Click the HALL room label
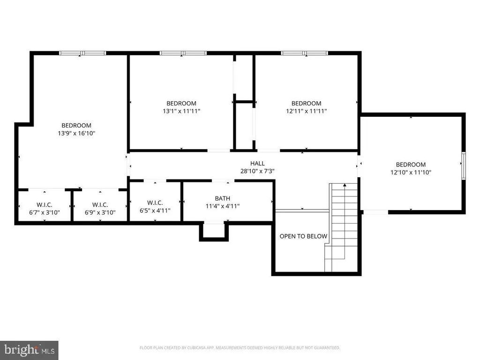(x=257, y=164)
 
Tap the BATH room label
(x=223, y=198)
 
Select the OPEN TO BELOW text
(x=303, y=236)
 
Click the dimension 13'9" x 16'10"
(x=76, y=133)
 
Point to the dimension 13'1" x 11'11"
(x=181, y=111)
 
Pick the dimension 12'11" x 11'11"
(x=307, y=111)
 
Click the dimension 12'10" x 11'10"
(x=411, y=172)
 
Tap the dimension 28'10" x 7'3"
(x=257, y=171)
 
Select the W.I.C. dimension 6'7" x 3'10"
(x=45, y=212)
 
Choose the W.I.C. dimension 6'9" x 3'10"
(x=100, y=212)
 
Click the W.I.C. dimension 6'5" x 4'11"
(x=155, y=210)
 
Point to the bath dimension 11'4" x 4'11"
(x=223, y=206)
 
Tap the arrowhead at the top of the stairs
(x=345, y=185)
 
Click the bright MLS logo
(x=29, y=350)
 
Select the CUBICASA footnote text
(x=240, y=348)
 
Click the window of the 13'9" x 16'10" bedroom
(x=82, y=53)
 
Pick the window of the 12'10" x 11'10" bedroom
(x=464, y=165)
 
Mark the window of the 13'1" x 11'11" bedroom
(x=183, y=53)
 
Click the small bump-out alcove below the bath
(x=214, y=232)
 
